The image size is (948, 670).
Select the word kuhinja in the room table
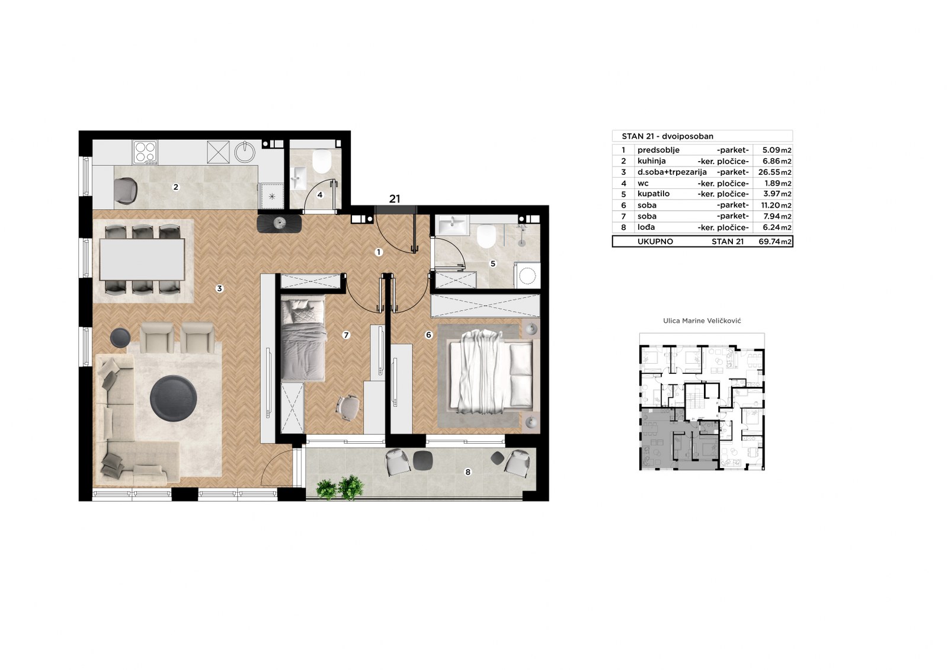click(652, 161)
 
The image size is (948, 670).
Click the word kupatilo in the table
click(654, 194)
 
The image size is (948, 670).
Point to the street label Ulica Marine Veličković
click(702, 321)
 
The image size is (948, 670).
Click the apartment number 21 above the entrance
click(395, 198)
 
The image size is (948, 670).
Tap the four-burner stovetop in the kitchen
click(145, 152)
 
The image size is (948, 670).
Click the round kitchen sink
click(245, 152)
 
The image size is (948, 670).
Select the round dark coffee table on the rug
click(174, 398)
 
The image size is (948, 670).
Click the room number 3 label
click(219, 288)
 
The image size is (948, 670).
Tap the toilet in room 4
click(322, 161)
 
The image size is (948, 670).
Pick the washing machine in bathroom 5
click(527, 275)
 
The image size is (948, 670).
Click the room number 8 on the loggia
click(467, 472)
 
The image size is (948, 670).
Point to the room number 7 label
click(346, 335)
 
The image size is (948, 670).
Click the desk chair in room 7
click(348, 408)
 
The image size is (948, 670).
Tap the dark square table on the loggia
click(423, 460)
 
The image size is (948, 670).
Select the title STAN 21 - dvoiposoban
click(667, 136)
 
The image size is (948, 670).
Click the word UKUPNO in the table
click(655, 242)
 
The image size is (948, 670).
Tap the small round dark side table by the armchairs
click(120, 338)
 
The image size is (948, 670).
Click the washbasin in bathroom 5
click(453, 225)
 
